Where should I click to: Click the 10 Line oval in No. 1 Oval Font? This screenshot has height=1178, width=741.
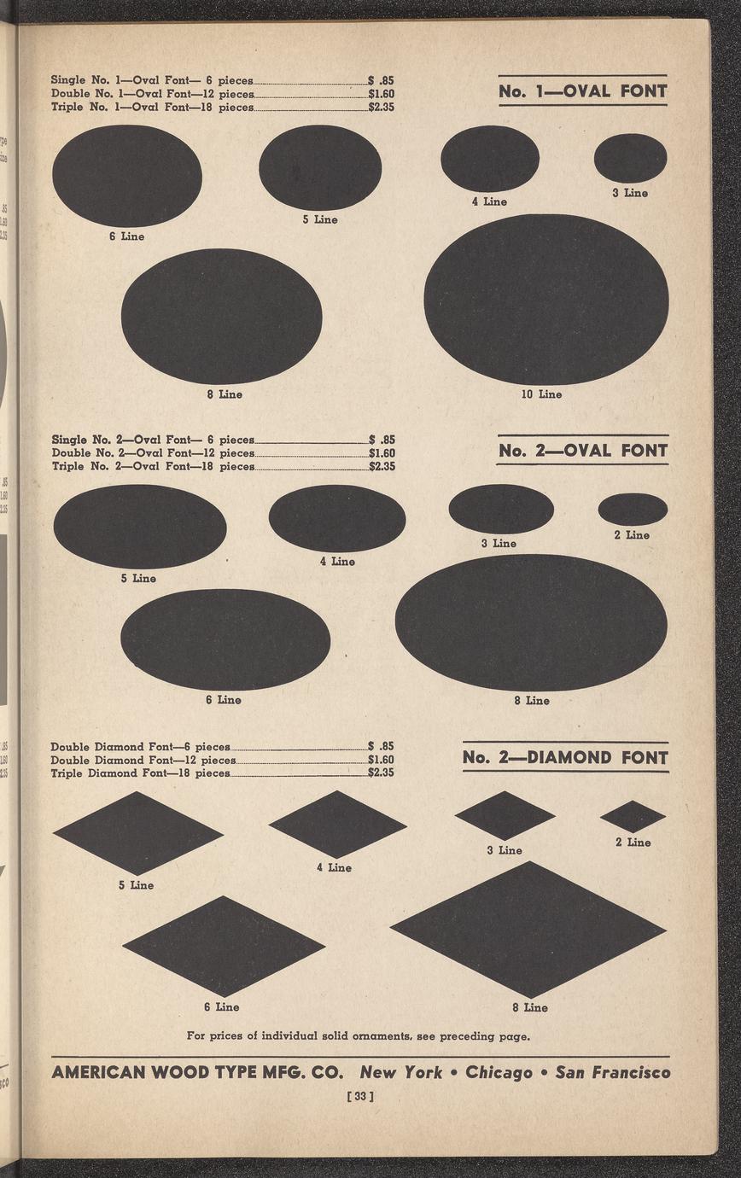point(546,300)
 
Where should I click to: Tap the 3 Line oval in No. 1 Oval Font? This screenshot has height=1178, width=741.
point(630,158)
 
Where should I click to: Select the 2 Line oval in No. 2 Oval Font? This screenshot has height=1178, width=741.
point(633,509)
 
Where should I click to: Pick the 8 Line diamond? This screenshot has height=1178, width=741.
point(528,929)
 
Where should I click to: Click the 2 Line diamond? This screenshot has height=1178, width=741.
point(633,816)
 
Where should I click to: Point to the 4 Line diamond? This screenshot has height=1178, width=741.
point(337,824)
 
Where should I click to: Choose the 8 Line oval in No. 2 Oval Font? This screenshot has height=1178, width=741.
point(531,622)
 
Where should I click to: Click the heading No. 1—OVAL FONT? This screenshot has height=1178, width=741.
point(582,90)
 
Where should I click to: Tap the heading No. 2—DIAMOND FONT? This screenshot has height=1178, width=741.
point(565,757)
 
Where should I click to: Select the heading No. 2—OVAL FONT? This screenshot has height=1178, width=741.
point(582,450)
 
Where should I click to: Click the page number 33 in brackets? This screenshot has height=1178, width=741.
point(360,1096)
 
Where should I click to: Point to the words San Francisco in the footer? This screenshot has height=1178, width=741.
point(613,1072)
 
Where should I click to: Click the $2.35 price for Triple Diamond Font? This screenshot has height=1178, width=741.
point(381,773)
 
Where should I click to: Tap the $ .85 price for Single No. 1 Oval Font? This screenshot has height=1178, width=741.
point(381,80)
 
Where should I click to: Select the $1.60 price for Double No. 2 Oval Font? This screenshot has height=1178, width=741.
point(382,452)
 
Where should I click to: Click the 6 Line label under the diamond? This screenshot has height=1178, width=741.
point(222,1006)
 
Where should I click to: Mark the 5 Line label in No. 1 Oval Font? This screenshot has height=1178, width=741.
point(320,219)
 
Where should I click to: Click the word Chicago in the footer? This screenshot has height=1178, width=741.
point(499,1072)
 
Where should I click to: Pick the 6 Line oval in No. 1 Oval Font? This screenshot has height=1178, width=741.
point(127,176)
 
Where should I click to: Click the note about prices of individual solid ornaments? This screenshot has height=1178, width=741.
point(358,1036)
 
